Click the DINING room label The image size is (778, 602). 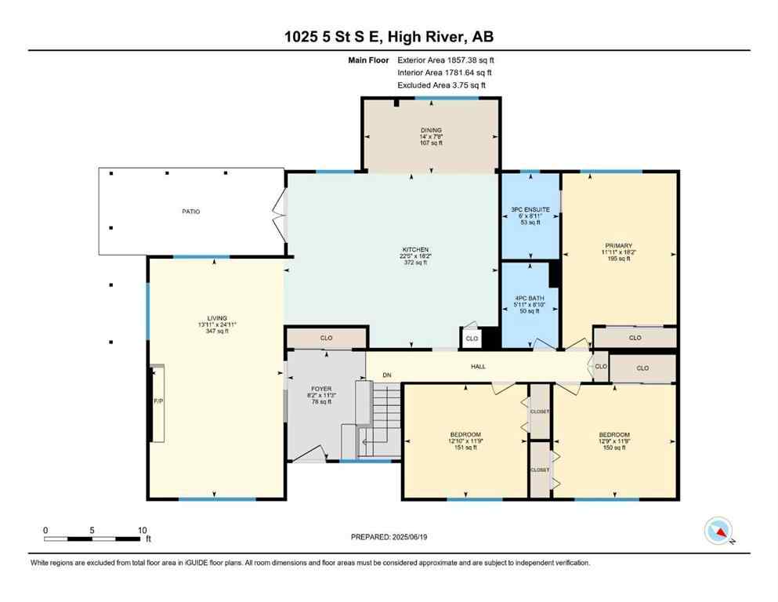430,130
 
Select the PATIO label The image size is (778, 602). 191,212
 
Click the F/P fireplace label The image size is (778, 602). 157,401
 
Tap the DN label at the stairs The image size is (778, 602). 386,375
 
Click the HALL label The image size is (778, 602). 478,366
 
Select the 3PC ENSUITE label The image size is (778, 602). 530,209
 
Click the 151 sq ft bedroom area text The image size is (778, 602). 465,448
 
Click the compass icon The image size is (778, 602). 718,531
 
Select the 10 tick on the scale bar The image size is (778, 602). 141,530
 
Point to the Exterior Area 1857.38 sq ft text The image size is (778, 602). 446,60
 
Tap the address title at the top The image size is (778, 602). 389,37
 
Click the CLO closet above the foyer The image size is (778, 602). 326,338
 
